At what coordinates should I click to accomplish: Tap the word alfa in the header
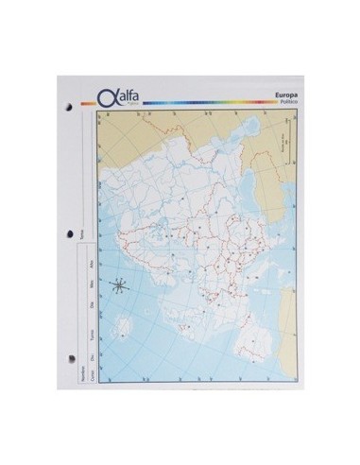124,93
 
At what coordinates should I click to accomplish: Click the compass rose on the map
118,286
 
